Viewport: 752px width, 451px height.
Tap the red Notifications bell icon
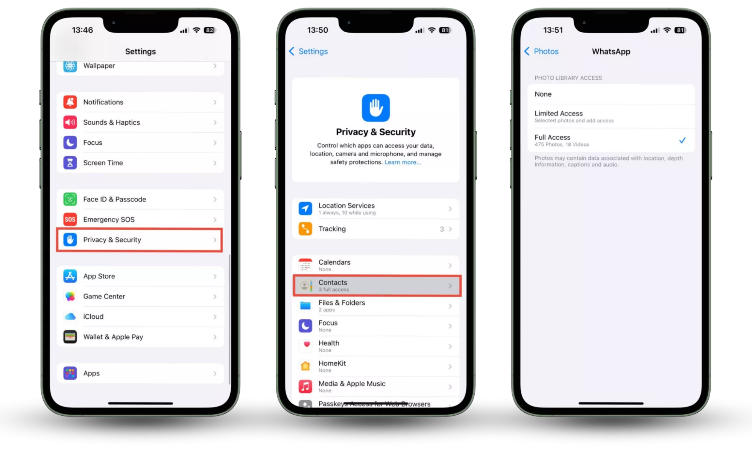pyautogui.click(x=70, y=102)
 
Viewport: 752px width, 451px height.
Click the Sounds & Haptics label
pyautogui.click(x=111, y=123)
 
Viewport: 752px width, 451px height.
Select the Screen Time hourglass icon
pyautogui.click(x=70, y=163)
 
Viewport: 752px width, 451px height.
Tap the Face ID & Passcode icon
pyautogui.click(x=70, y=199)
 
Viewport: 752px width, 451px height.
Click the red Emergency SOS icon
pyautogui.click(x=70, y=219)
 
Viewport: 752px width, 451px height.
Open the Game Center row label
pyautogui.click(x=104, y=297)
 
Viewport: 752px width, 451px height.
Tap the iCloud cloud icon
pyautogui.click(x=70, y=316)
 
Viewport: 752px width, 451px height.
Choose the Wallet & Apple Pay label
pyautogui.click(x=113, y=337)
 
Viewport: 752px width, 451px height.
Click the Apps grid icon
pyautogui.click(x=70, y=373)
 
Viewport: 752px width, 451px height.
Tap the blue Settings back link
pyautogui.click(x=308, y=51)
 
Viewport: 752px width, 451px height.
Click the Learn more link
pyautogui.click(x=403, y=162)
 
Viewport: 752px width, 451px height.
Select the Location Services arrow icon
pyautogui.click(x=305, y=209)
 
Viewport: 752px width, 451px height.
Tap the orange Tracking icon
pyautogui.click(x=305, y=229)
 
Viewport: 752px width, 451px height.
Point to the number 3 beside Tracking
pyautogui.click(x=442, y=229)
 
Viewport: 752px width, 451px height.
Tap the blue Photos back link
pyautogui.click(x=541, y=51)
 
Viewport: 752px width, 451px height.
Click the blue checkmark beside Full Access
pyautogui.click(x=682, y=140)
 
